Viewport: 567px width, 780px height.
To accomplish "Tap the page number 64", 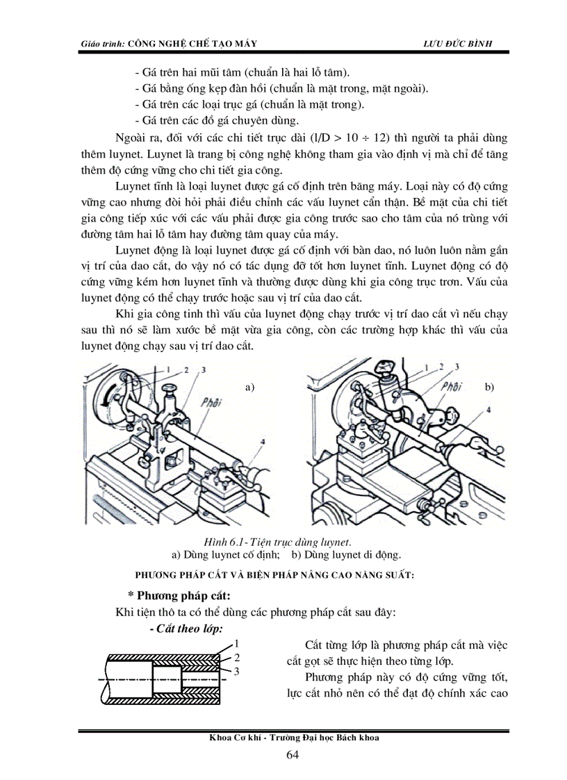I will click(x=293, y=756).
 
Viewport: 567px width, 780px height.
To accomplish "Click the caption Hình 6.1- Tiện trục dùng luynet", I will click(x=277, y=541).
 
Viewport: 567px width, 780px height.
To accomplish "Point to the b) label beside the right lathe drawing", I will click(x=490, y=387).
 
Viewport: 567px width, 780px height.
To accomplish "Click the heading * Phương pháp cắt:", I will click(x=179, y=596).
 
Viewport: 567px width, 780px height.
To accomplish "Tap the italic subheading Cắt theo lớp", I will click(x=186, y=629).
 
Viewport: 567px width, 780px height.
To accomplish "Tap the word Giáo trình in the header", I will click(x=101, y=43).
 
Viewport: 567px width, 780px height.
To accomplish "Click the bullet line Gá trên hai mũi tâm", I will click(x=243, y=73).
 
